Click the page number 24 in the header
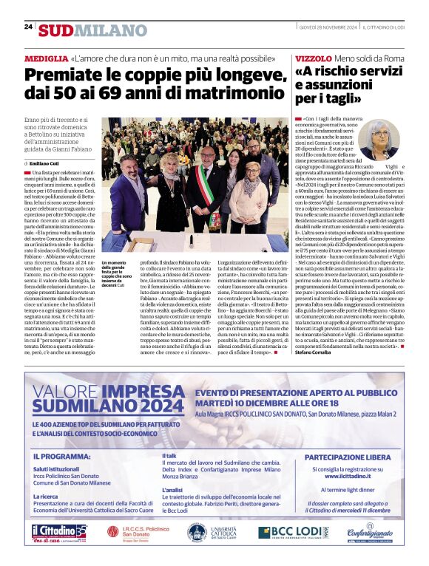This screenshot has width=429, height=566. pos(28,27)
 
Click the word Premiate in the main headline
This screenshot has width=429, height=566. pos(63,75)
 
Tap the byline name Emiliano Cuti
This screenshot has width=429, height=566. pos(46,163)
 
